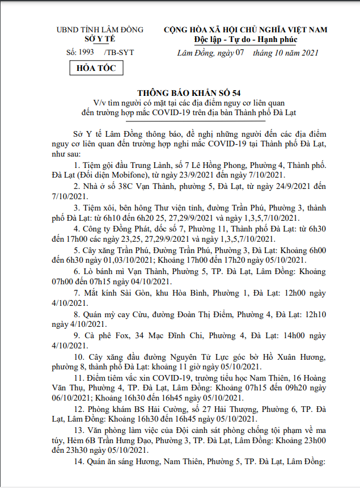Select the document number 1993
click(x=86, y=52)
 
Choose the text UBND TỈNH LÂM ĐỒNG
click(x=99, y=30)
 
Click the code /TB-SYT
click(x=120, y=52)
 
